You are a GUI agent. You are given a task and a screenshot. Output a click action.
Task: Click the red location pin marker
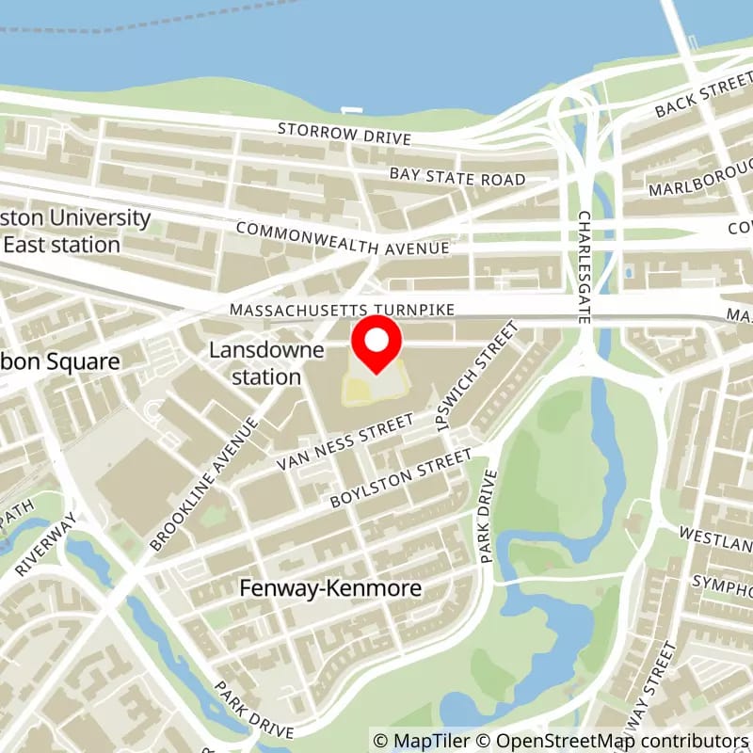pos(376,344)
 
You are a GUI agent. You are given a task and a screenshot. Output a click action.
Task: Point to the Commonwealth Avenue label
pos(343,238)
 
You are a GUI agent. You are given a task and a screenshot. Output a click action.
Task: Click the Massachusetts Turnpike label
pos(343,309)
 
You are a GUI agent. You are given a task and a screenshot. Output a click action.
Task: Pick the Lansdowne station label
pos(266,363)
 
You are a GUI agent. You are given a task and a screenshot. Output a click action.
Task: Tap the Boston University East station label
pos(75,232)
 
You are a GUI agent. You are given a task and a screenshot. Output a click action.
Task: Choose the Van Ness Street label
pos(345,441)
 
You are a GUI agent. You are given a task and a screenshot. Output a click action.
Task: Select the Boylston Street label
pos(400,479)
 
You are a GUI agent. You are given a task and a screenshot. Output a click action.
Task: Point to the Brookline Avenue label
pos(203,483)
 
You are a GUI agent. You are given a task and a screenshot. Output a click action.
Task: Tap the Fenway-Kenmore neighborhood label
pos(329,588)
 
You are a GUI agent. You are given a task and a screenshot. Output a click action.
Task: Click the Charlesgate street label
pos(585,267)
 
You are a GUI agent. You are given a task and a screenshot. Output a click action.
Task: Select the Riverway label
pos(45,544)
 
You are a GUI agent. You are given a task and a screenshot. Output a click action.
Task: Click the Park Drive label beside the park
pos(488,517)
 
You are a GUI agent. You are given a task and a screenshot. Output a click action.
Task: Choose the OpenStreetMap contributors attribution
pos(602,741)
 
